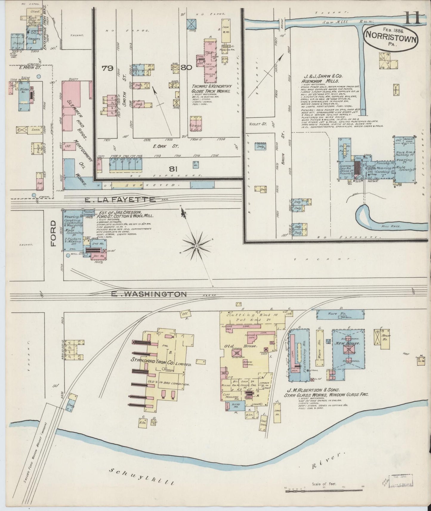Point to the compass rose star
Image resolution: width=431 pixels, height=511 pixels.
point(197,246)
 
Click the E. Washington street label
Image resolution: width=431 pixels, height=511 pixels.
point(149,294)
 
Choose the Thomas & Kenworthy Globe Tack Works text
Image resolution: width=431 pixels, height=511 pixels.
point(211,89)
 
